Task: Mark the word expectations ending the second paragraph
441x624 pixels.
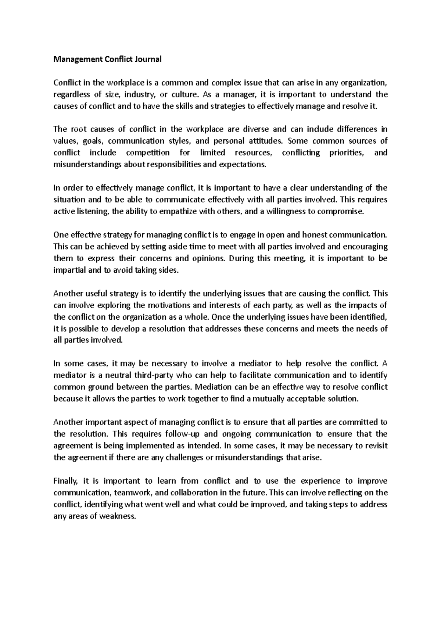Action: click(242, 165)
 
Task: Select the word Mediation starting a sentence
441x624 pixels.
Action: click(214, 387)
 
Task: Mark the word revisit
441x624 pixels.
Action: click(376, 446)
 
